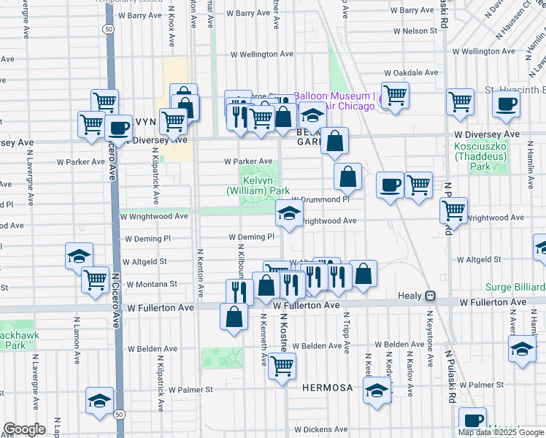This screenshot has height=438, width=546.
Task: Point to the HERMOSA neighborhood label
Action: click(328, 387)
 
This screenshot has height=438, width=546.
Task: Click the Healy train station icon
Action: click(431, 296)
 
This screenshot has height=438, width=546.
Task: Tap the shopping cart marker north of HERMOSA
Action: click(282, 366)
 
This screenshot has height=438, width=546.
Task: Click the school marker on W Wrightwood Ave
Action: click(289, 214)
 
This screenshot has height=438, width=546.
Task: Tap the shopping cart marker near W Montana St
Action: click(95, 280)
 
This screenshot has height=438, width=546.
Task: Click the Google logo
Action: click(24, 429)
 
